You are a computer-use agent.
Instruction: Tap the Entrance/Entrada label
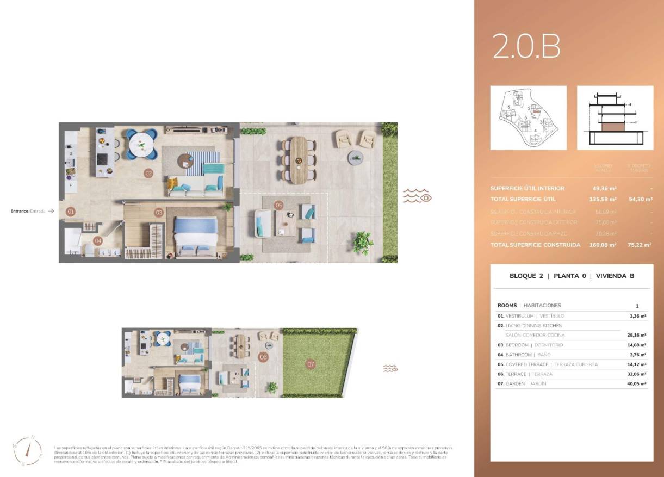click(x=28, y=211)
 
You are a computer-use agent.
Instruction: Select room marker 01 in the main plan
click(x=70, y=211)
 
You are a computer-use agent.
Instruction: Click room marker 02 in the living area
click(x=148, y=173)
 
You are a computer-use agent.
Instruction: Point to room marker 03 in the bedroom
click(x=159, y=212)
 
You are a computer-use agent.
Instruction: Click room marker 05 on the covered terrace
click(x=279, y=206)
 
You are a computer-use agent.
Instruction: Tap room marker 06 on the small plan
click(x=263, y=357)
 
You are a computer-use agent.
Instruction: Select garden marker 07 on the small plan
click(x=311, y=364)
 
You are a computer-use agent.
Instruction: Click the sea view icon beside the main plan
click(x=417, y=196)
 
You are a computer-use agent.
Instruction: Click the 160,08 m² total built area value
click(x=603, y=245)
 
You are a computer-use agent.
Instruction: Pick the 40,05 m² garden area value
click(x=636, y=383)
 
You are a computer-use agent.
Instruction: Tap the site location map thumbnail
click(x=528, y=118)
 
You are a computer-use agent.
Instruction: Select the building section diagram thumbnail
click(x=615, y=118)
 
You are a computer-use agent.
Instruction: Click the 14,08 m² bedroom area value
click(x=636, y=345)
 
